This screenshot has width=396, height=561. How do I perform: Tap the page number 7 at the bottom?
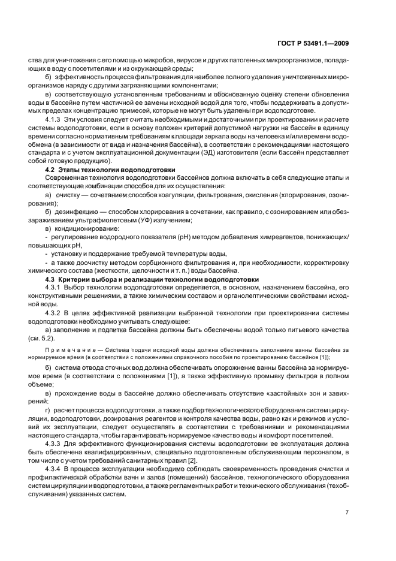(347, 511)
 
